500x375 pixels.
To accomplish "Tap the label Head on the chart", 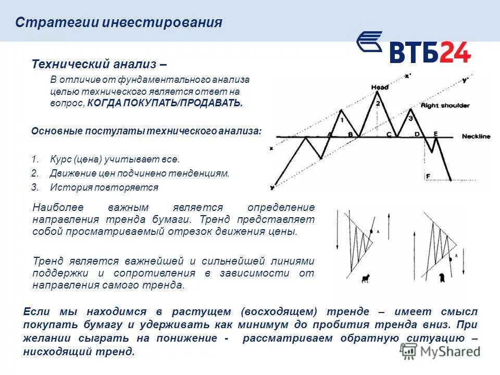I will [380, 87].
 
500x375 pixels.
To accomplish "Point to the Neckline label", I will [476, 136].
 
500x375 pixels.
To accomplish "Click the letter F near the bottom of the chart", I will [428, 177].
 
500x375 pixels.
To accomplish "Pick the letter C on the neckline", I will [388, 134].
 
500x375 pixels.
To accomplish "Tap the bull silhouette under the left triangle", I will [366, 279].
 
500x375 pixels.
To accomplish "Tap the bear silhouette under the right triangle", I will [442, 278].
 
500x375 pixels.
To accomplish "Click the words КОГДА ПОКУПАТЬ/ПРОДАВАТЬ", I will [165, 103].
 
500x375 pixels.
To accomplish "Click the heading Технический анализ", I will [99, 64].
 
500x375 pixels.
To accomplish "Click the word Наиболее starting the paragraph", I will [54, 207].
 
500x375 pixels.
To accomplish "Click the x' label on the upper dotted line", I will [408, 76].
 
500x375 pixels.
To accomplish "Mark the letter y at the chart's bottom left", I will [272, 186].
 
